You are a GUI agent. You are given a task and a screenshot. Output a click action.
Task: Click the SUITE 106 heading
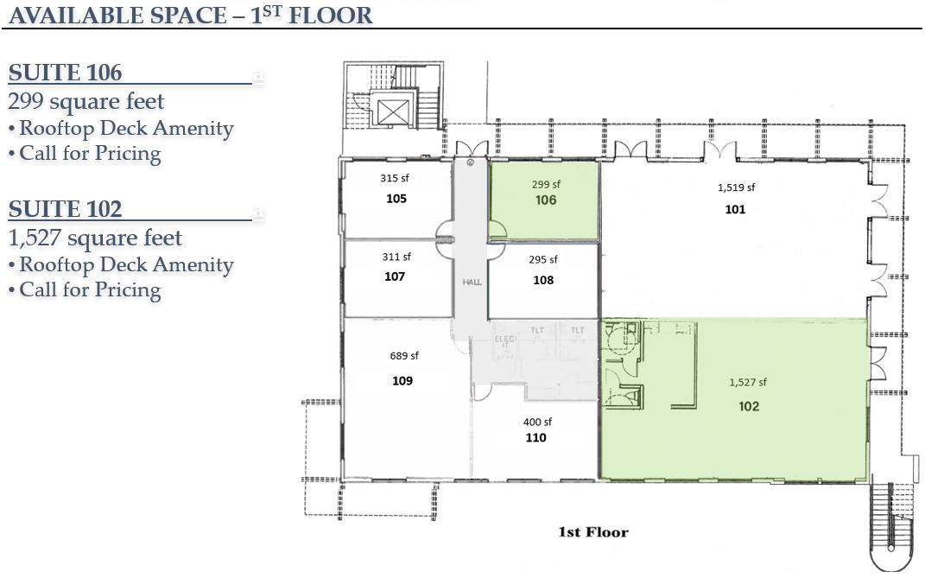coord(65,73)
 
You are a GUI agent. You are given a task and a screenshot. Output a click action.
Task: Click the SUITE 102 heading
coord(65,209)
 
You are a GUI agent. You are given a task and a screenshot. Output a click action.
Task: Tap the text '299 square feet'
coord(86,102)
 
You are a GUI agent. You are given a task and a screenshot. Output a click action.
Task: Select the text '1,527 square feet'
coord(95,238)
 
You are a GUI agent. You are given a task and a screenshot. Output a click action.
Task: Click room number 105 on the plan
coord(396,199)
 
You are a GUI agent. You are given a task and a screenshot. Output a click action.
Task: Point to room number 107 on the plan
coord(395,276)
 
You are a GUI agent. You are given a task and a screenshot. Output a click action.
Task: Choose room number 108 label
coord(543,280)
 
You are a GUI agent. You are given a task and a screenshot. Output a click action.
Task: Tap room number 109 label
coord(402,381)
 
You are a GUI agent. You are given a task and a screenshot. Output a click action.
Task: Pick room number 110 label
coord(535,437)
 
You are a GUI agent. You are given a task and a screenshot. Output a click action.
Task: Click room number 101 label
coord(735,209)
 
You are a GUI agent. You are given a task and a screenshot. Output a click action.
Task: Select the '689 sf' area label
coord(404,355)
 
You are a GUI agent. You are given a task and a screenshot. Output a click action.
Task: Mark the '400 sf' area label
coord(537,422)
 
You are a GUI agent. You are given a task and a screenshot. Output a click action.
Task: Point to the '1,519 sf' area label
coord(736,187)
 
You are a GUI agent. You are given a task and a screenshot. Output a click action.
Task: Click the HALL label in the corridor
coord(472,283)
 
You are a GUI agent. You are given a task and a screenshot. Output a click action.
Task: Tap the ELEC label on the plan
coord(505,339)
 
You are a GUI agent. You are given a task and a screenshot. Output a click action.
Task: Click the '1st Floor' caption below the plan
coord(593,532)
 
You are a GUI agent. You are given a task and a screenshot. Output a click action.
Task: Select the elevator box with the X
coord(393,112)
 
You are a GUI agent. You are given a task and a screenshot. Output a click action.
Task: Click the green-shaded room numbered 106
coord(544,200)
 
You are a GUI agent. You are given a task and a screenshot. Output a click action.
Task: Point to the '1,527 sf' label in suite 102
coord(748,383)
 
